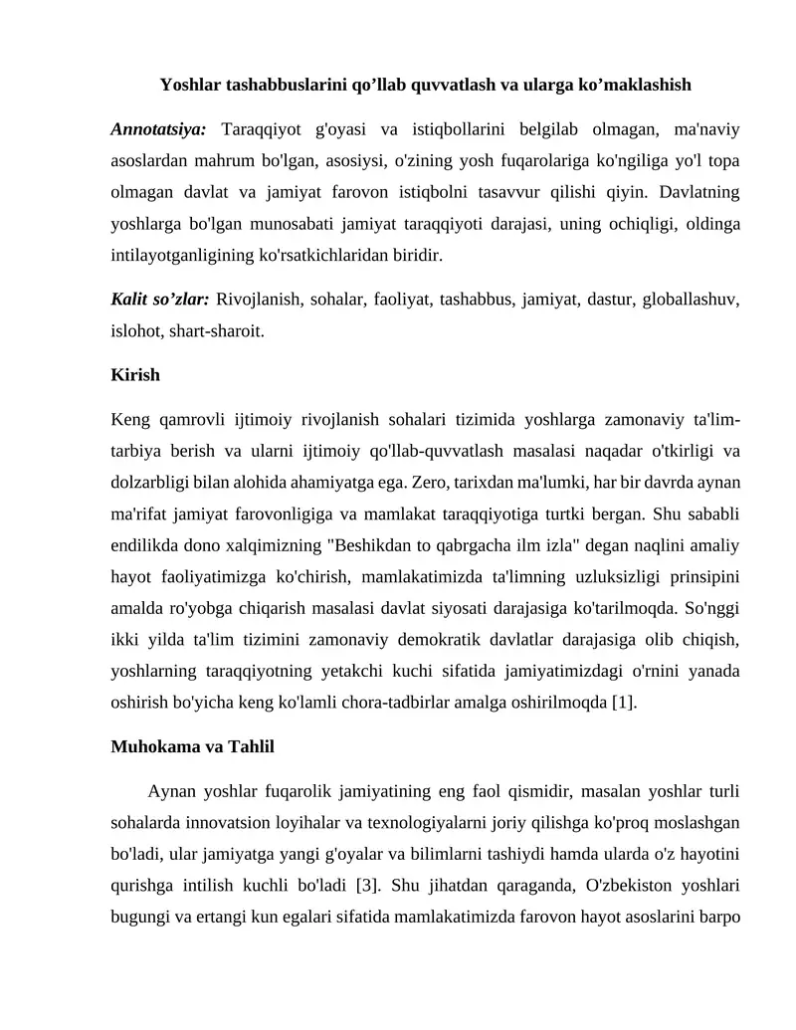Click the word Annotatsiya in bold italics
(158, 129)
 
